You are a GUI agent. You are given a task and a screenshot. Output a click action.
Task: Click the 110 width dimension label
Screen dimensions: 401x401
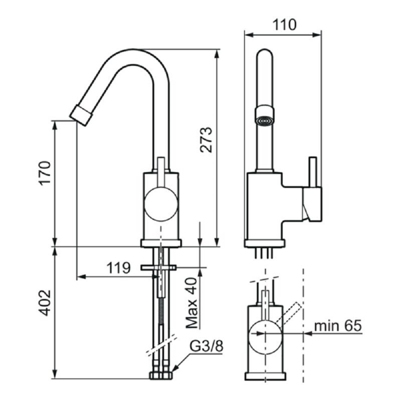pyautogui.click(x=284, y=25)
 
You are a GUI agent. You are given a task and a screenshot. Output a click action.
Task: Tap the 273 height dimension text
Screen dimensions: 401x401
pyautogui.click(x=206, y=140)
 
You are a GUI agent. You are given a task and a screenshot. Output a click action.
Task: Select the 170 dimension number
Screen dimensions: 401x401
pyautogui.click(x=45, y=172)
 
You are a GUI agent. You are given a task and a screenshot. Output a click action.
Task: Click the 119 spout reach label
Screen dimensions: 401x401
pyautogui.click(x=118, y=268)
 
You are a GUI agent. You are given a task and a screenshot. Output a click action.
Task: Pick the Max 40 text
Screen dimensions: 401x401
pyautogui.click(x=192, y=303)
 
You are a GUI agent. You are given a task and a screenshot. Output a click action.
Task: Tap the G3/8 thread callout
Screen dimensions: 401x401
pyautogui.click(x=207, y=346)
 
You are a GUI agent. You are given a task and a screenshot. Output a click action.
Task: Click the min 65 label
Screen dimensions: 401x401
pyautogui.click(x=338, y=326)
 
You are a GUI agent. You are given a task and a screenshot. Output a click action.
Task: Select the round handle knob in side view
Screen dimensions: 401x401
pyautogui.click(x=161, y=204)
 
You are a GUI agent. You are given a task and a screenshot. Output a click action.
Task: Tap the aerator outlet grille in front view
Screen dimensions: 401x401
pyautogui.click(x=265, y=121)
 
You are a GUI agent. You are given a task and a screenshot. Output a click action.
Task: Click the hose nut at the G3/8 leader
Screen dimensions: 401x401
pyautogui.click(x=161, y=375)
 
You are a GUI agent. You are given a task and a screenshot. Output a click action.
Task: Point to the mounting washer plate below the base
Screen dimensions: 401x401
pyautogui.click(x=158, y=268)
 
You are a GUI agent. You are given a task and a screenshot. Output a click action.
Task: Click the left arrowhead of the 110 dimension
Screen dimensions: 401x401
pyautogui.click(x=249, y=35)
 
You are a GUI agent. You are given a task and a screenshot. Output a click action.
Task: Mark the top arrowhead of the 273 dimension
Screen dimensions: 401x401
pyautogui.click(x=217, y=54)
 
